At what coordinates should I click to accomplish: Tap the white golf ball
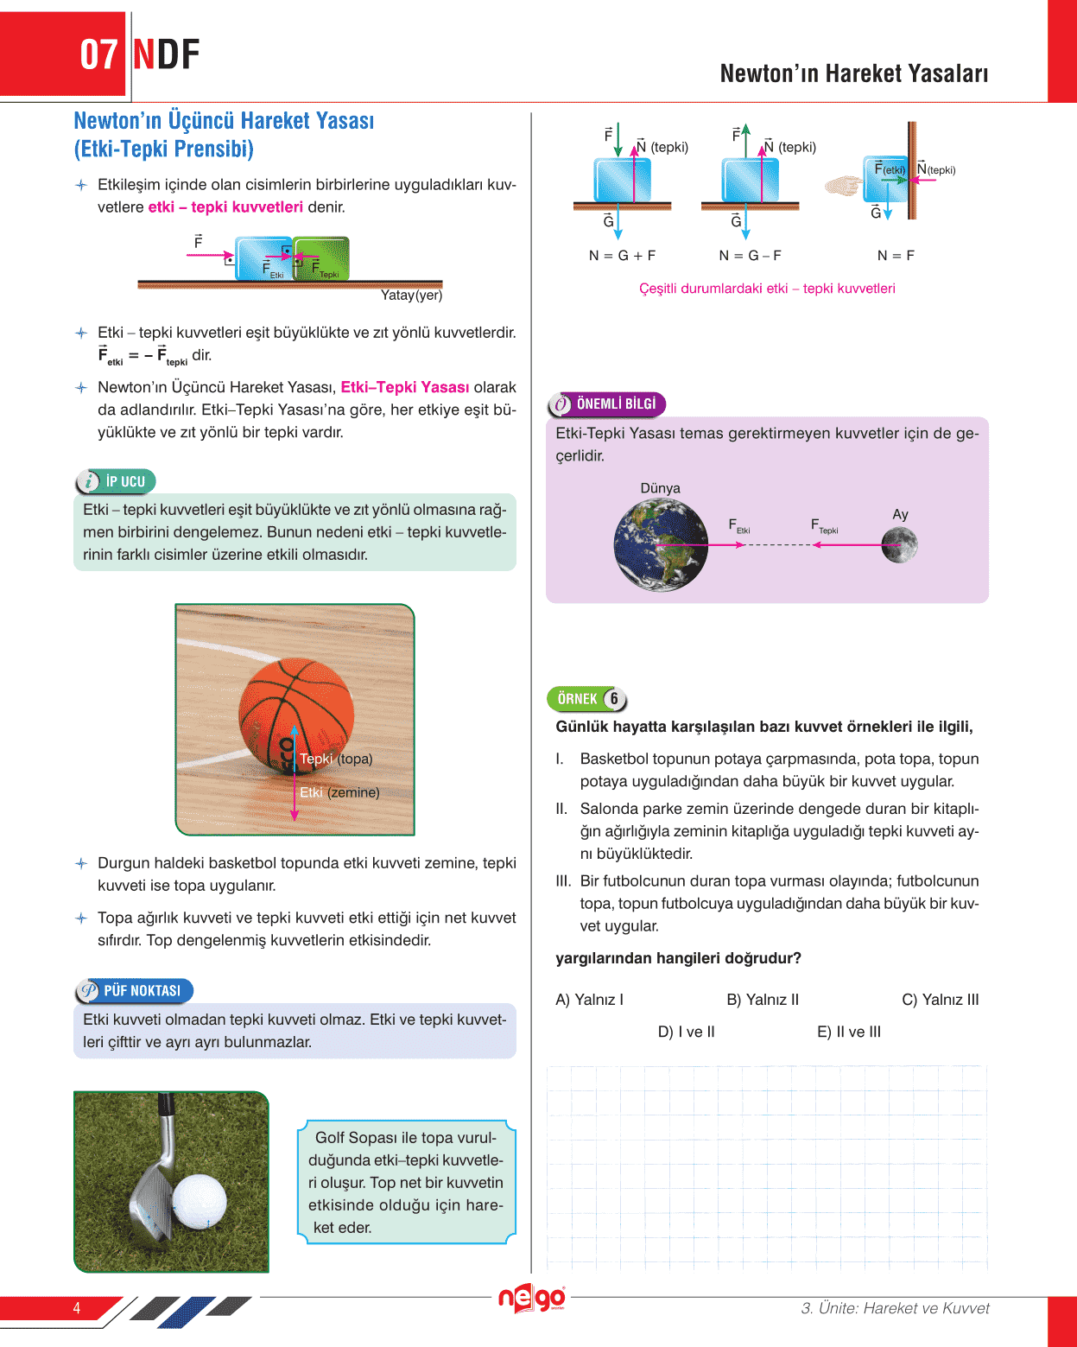click(200, 1201)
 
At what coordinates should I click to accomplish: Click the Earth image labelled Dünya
click(661, 545)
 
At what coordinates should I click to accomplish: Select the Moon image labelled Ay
click(899, 545)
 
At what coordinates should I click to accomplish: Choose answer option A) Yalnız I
click(589, 1000)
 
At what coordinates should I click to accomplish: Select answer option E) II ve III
click(848, 1032)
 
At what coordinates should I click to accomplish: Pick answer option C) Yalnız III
click(940, 1000)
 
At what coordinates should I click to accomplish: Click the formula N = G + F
click(622, 256)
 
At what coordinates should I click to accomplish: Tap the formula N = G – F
click(750, 256)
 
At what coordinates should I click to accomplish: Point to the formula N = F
click(896, 256)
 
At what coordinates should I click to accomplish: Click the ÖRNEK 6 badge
click(587, 698)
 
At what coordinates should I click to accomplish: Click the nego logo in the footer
click(531, 1299)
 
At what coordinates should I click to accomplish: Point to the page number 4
click(77, 1308)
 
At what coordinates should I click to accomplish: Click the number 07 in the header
click(98, 54)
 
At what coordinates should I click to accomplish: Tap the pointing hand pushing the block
click(844, 185)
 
